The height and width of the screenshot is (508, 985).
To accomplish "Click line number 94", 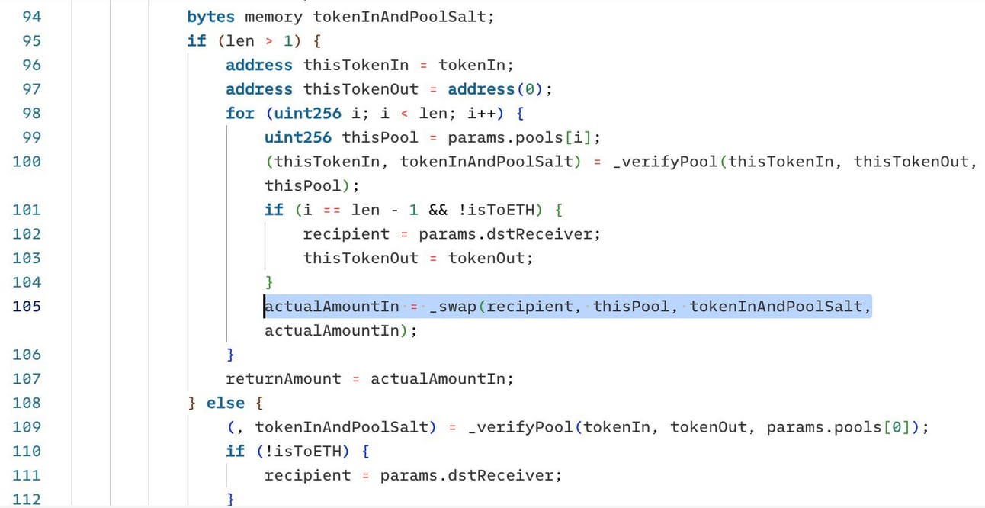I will tap(27, 16).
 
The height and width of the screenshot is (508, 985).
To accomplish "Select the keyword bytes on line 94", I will tap(211, 16).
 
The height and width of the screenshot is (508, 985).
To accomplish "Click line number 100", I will tap(27, 161).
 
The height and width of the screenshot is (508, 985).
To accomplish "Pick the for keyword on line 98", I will tap(240, 113).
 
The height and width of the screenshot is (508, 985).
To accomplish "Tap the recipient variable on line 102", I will tap(346, 233).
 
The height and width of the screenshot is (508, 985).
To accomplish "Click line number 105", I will tap(27, 307).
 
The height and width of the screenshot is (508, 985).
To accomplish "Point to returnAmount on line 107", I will tap(284, 378).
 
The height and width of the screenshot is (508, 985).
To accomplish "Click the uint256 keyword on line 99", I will tap(298, 137).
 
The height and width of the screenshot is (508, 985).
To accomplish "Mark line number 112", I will tap(27, 499).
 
